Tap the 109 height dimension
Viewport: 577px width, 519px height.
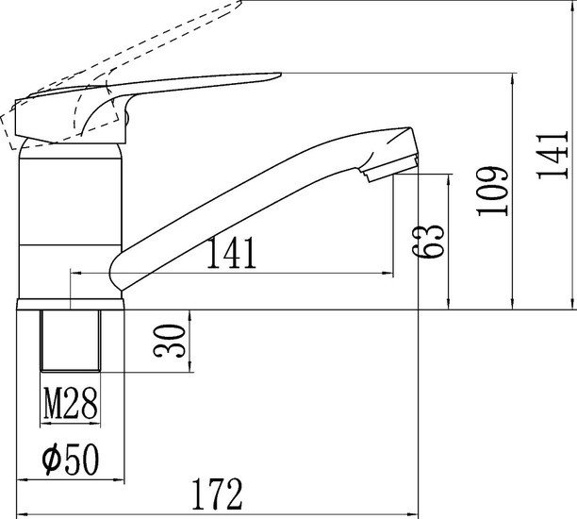(492, 192)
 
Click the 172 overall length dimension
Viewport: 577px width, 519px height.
(218, 494)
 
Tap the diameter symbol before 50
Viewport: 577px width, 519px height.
(54, 460)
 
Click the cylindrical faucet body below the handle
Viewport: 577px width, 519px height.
(71, 217)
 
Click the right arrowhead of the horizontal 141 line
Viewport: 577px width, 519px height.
(388, 274)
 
